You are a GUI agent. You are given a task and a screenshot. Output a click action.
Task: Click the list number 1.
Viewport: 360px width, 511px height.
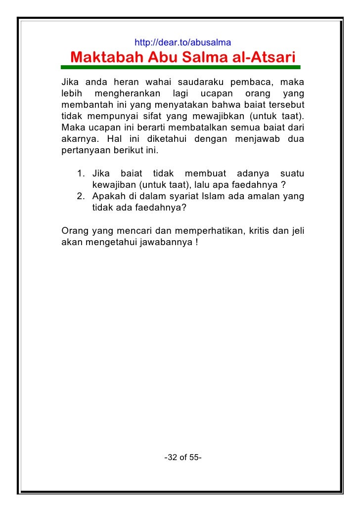(x=81, y=174)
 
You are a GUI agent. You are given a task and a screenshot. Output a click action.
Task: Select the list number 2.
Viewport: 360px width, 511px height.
(x=81, y=197)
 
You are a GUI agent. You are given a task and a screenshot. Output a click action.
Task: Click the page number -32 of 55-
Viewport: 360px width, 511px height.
(x=182, y=458)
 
